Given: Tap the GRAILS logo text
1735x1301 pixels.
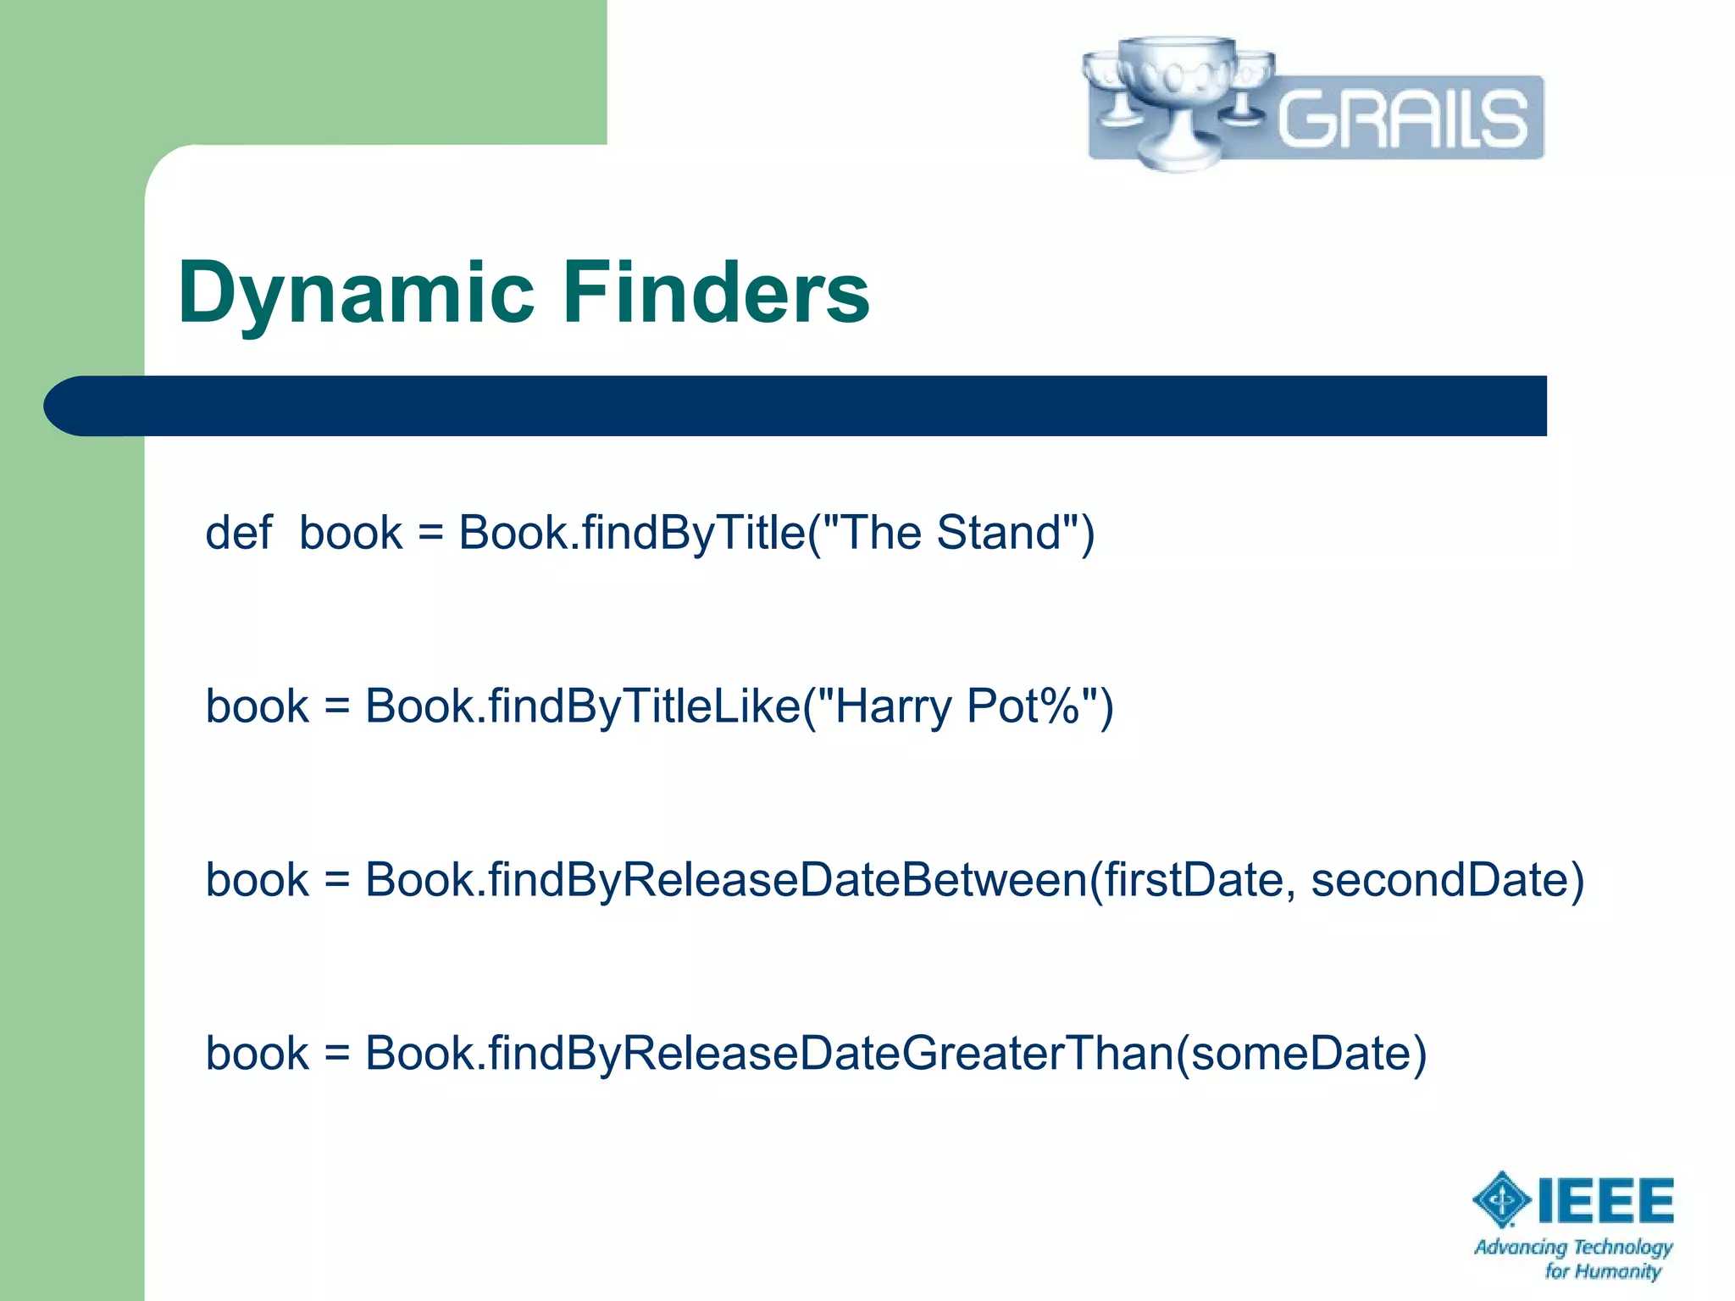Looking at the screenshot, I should pyautogui.click(x=1402, y=118).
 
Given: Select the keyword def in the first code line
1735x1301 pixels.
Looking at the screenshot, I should pyautogui.click(x=238, y=534).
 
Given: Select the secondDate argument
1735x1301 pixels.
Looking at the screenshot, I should pyautogui.click(x=1440, y=880).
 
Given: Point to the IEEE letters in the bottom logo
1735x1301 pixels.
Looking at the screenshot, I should pyautogui.click(x=1606, y=1201).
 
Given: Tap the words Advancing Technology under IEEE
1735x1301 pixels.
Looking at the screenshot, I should pyautogui.click(x=1573, y=1247).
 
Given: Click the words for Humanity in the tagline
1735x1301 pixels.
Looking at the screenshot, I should pyautogui.click(x=1602, y=1271).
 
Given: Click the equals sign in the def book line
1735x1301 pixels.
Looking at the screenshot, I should pyautogui.click(x=430, y=534).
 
